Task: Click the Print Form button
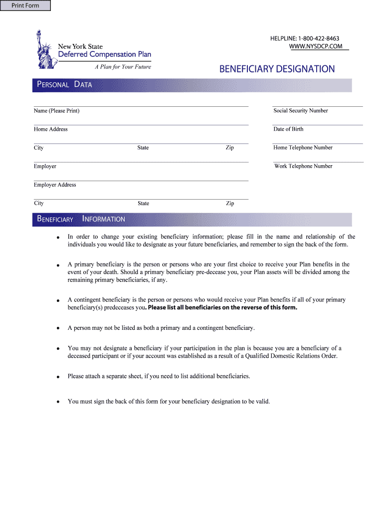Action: [26, 6]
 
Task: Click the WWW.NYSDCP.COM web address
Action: [316, 46]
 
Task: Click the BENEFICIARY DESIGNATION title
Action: [277, 69]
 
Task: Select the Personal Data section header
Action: [64, 85]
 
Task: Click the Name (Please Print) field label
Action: [56, 111]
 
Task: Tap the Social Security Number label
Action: [300, 111]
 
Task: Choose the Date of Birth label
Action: [288, 129]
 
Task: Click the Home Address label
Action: [50, 129]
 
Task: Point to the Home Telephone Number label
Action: [303, 148]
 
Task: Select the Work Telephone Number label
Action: [303, 166]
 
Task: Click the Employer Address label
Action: [55, 185]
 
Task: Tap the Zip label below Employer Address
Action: [230, 204]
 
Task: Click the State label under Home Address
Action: [143, 148]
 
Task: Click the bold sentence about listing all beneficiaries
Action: [222, 307]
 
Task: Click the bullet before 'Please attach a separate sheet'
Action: [58, 377]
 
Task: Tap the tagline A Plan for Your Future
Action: [123, 67]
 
